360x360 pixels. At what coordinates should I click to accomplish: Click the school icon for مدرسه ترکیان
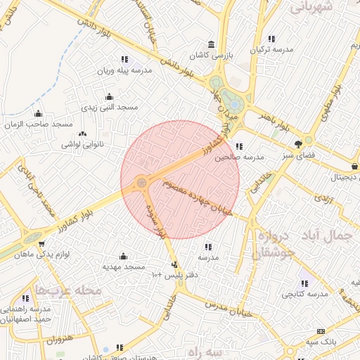[272, 38]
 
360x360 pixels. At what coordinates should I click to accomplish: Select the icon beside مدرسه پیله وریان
[124, 60]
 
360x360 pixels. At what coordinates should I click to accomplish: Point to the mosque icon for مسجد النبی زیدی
[108, 97]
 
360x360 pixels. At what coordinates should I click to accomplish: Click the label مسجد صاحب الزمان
[39, 124]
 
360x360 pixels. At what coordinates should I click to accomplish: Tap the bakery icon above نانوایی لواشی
[83, 134]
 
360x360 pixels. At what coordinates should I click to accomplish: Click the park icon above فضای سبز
[307, 141]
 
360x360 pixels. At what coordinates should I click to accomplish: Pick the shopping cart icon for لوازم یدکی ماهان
[42, 245]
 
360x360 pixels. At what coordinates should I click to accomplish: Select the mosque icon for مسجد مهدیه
[124, 256]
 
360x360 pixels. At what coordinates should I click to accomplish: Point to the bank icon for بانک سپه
[321, 331]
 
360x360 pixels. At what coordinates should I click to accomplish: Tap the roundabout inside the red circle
[141, 182]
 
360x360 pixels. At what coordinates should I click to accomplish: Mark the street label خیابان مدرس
[224, 307]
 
